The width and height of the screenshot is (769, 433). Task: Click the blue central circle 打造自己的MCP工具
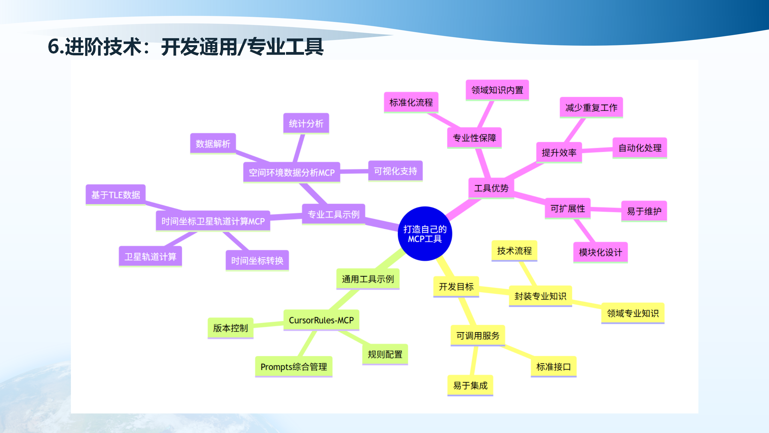[425, 234]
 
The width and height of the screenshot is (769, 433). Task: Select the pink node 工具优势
[491, 188]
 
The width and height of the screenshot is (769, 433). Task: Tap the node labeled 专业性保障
[474, 138]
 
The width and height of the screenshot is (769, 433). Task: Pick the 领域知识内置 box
[497, 90]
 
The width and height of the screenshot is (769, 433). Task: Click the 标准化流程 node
[411, 103]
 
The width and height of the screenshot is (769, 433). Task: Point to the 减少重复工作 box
[591, 107]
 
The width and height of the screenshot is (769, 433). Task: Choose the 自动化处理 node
[640, 148]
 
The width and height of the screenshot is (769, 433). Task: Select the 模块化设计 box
[600, 252]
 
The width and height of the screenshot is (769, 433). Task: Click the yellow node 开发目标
[456, 287]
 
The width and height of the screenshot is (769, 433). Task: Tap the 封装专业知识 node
[540, 296]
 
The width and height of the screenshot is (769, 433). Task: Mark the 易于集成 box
[470, 385]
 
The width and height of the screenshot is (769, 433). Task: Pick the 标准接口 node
[553, 367]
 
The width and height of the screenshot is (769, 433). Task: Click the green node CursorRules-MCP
[321, 320]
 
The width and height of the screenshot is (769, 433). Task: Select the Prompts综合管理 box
[293, 367]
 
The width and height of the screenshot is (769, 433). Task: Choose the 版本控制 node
[230, 328]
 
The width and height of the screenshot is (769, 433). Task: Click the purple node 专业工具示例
[333, 214]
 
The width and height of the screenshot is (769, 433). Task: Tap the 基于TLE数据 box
[116, 195]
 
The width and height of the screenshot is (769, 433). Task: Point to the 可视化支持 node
[395, 171]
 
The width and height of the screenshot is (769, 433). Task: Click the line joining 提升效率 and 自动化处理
[597, 150]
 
